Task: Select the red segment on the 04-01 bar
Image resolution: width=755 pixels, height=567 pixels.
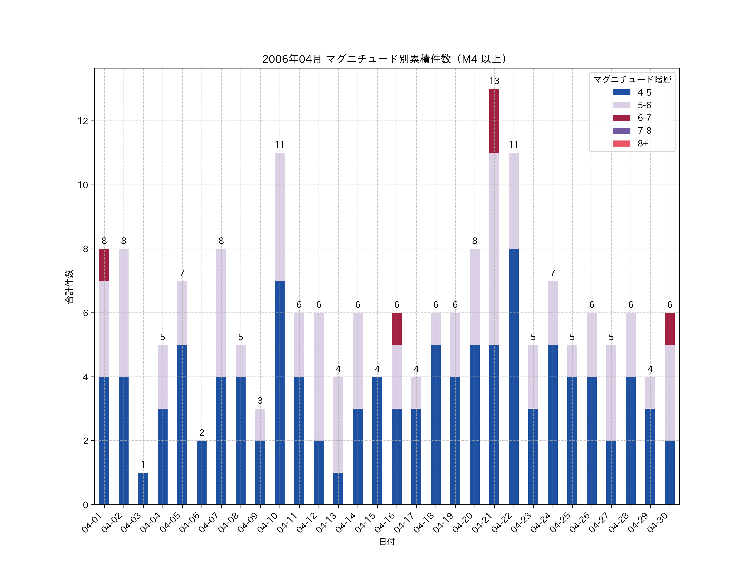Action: coord(104,265)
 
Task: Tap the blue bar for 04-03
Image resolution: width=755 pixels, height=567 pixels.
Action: coord(143,488)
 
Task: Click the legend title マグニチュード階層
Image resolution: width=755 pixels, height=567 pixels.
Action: coord(632,80)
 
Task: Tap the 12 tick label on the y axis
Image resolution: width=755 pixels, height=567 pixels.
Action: coord(83,121)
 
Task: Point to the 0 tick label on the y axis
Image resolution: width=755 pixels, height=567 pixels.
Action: coord(85,505)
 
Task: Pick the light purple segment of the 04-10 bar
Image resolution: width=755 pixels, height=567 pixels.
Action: coord(280,217)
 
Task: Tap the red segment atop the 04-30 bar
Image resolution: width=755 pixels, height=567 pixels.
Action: coord(670,328)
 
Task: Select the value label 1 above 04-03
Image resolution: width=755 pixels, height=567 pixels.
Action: coord(143,465)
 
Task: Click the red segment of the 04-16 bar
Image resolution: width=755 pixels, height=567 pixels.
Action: coord(397,328)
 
